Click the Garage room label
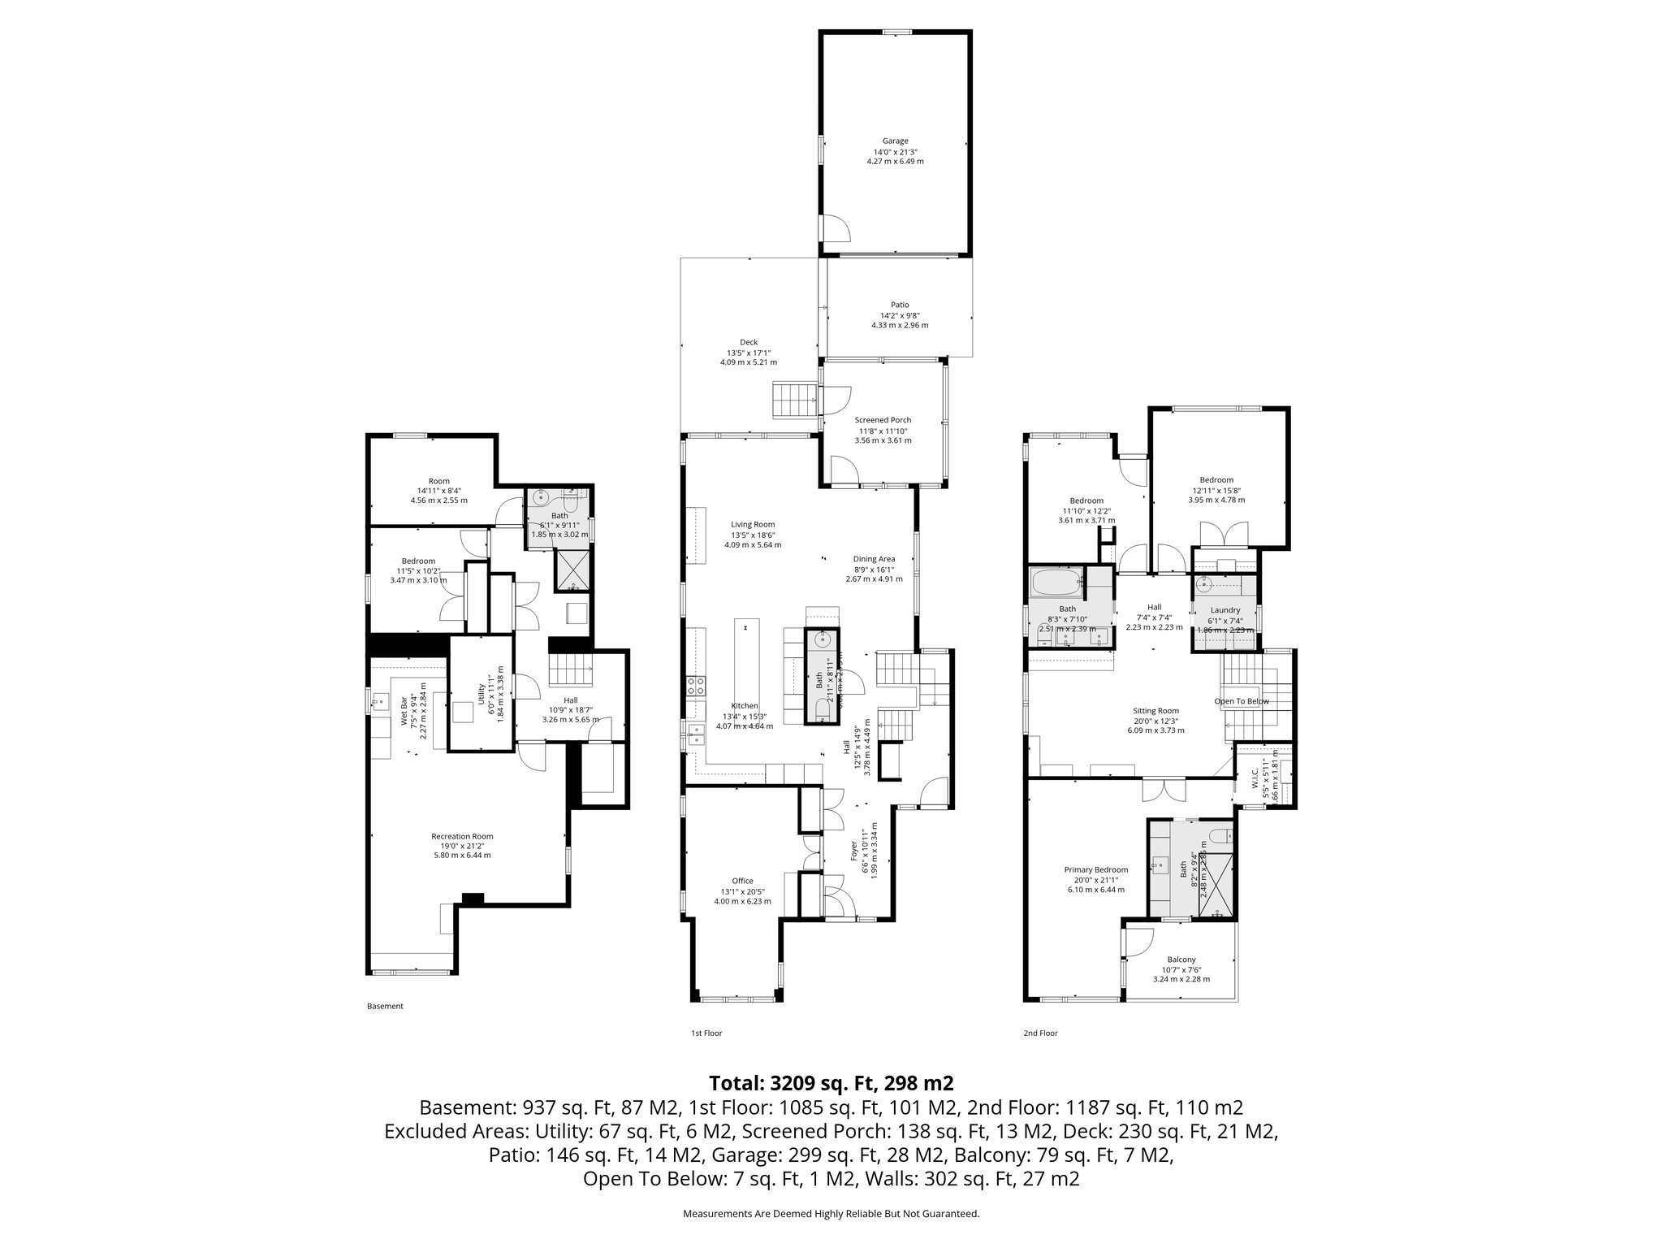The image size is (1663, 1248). click(895, 141)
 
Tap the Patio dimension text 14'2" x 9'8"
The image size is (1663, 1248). click(899, 315)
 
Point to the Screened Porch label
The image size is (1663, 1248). click(883, 420)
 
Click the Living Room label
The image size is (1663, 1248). click(752, 524)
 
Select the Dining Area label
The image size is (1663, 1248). click(874, 558)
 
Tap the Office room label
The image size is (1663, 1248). click(741, 881)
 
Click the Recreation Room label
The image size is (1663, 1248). click(461, 836)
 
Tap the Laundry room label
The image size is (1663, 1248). click(1225, 610)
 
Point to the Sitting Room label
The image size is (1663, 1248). click(1155, 710)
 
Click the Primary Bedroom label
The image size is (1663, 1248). click(1095, 869)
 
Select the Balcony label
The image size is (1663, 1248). click(1181, 959)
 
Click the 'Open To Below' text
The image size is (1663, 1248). click(1242, 701)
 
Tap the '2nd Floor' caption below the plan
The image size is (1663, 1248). click(1040, 1033)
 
